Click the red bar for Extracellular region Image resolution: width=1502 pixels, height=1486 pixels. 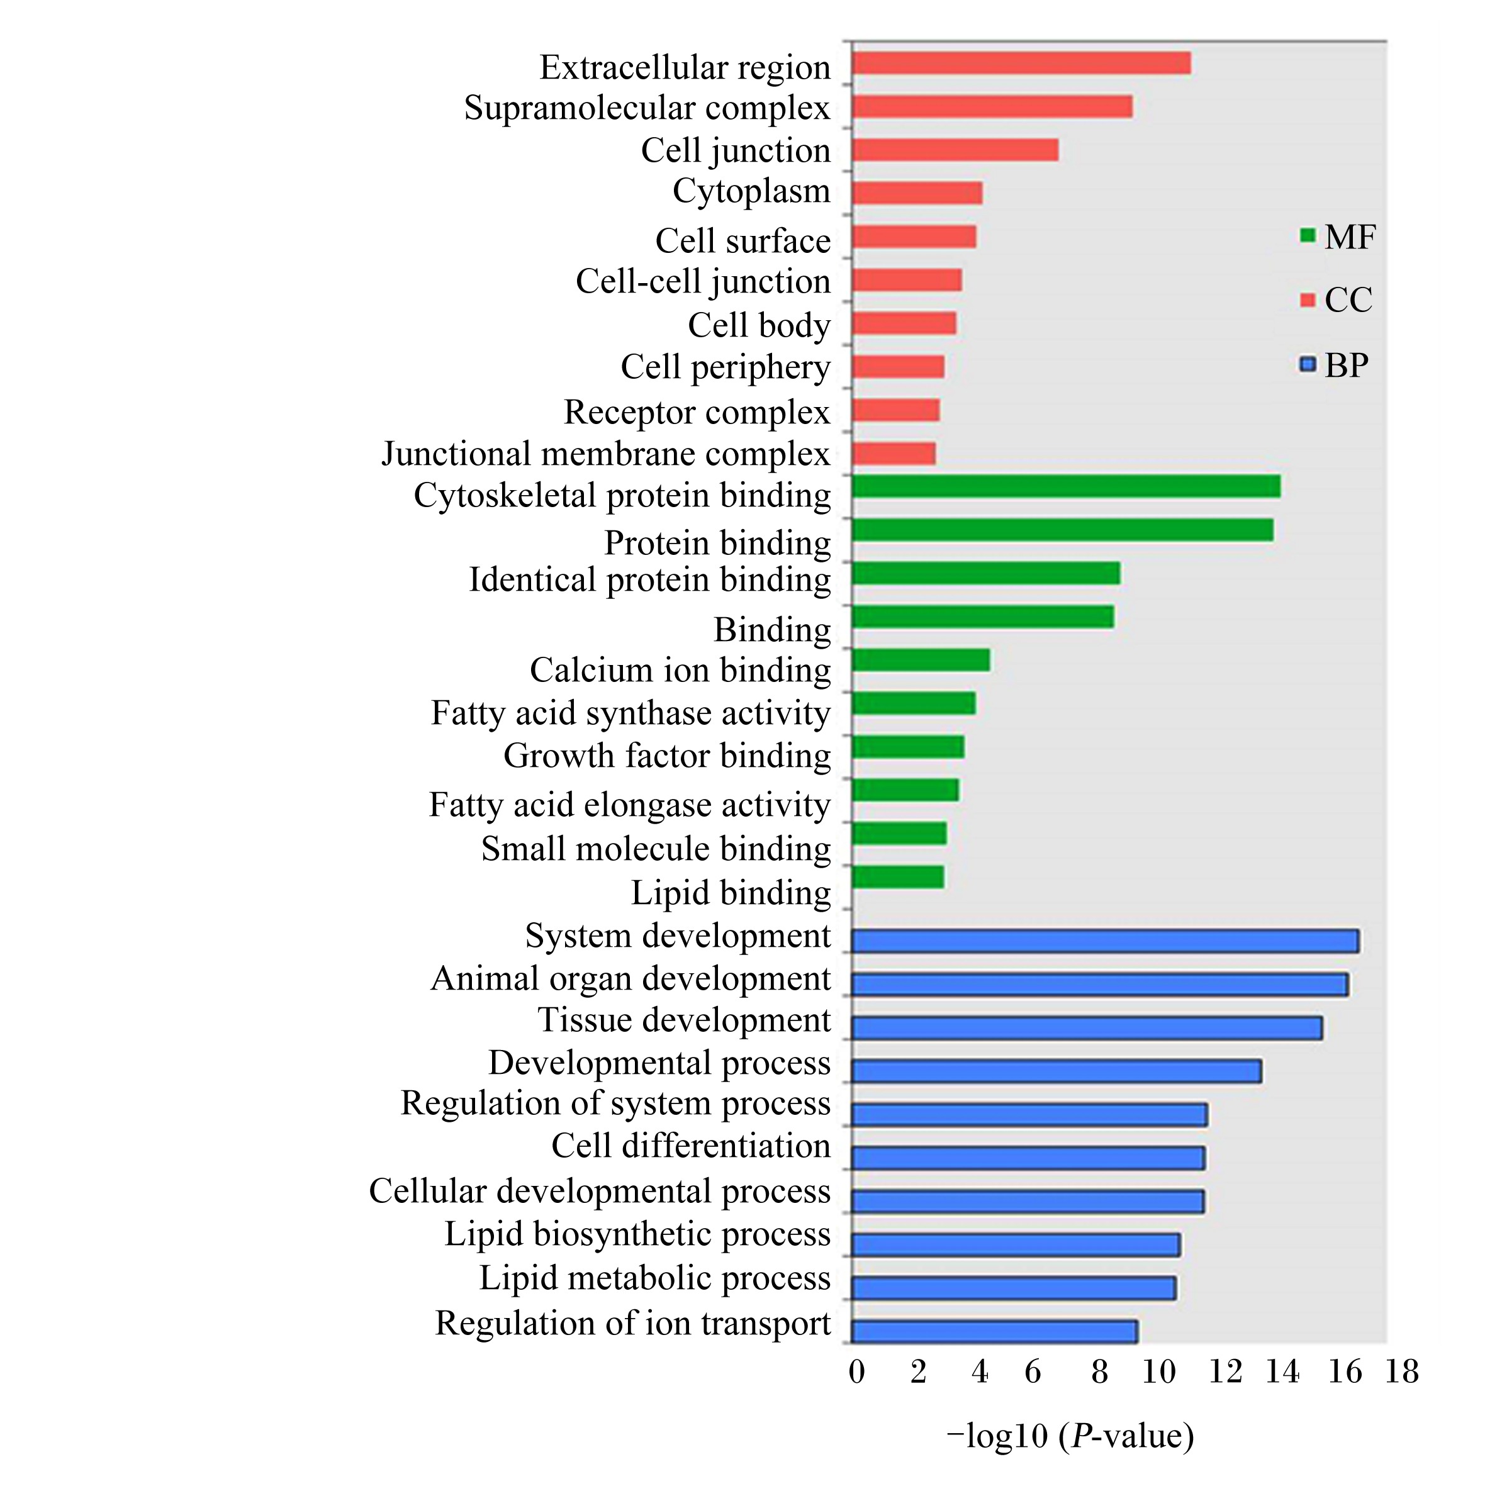pos(1021,63)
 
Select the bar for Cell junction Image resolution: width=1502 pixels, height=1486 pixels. pos(955,150)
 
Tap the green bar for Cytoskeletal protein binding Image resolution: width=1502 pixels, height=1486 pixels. pos(1066,486)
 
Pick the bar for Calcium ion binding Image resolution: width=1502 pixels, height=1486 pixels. pos(921,660)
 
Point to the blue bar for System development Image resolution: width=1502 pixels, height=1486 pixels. pos(1105,941)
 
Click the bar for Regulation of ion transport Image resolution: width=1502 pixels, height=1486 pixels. pos(994,1331)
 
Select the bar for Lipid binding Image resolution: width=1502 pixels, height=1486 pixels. pos(898,876)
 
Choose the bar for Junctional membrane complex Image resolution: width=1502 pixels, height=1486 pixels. pos(894,453)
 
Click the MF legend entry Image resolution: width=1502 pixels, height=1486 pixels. pos(1337,237)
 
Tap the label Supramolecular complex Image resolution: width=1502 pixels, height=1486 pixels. pos(647,108)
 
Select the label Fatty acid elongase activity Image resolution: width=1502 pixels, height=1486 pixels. pos(630,805)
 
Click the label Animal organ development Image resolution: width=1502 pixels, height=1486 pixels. pos(631,978)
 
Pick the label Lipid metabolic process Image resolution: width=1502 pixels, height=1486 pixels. pos(654,1278)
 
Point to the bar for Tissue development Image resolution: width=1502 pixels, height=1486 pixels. pos(1087,1027)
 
